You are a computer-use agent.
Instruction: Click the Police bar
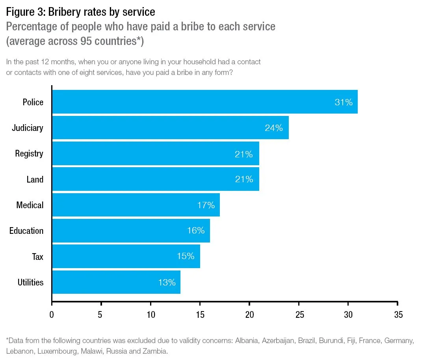point(205,102)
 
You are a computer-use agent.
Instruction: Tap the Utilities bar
point(116,282)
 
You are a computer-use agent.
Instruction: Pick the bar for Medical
point(136,205)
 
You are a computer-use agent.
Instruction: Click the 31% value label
point(344,102)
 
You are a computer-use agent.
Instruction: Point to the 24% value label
point(274,128)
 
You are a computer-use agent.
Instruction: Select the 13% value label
point(167,282)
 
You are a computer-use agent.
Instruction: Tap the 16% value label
point(196,231)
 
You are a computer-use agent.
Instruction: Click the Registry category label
point(29,154)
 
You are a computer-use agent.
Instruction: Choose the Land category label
point(35,179)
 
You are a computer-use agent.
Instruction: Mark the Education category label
point(26,231)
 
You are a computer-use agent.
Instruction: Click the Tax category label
point(37,257)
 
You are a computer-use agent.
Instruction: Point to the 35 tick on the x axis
point(398,315)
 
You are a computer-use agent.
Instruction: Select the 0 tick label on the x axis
point(52,315)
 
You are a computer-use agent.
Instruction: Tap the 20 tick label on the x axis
point(249,315)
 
